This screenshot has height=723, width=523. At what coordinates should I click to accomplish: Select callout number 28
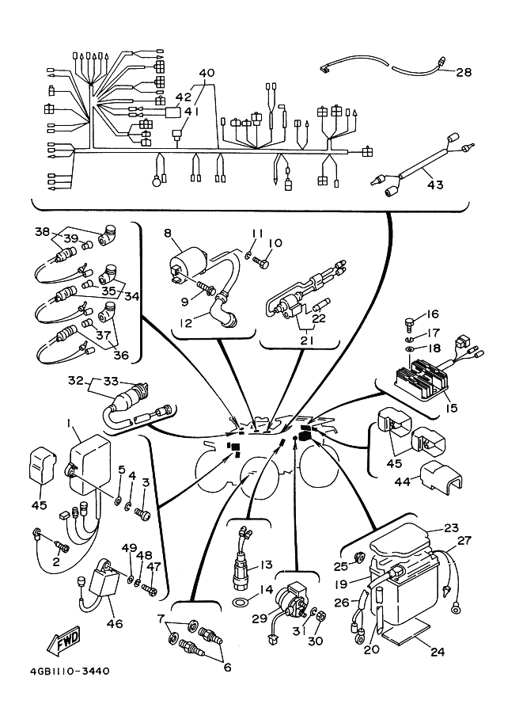pyautogui.click(x=464, y=72)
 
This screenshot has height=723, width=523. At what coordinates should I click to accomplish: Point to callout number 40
pyautogui.click(x=207, y=74)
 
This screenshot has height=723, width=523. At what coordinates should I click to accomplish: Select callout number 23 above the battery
pyautogui.click(x=451, y=528)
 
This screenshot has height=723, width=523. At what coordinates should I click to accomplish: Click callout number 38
pyautogui.click(x=41, y=232)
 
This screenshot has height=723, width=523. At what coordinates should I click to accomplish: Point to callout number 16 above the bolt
pyautogui.click(x=433, y=314)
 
